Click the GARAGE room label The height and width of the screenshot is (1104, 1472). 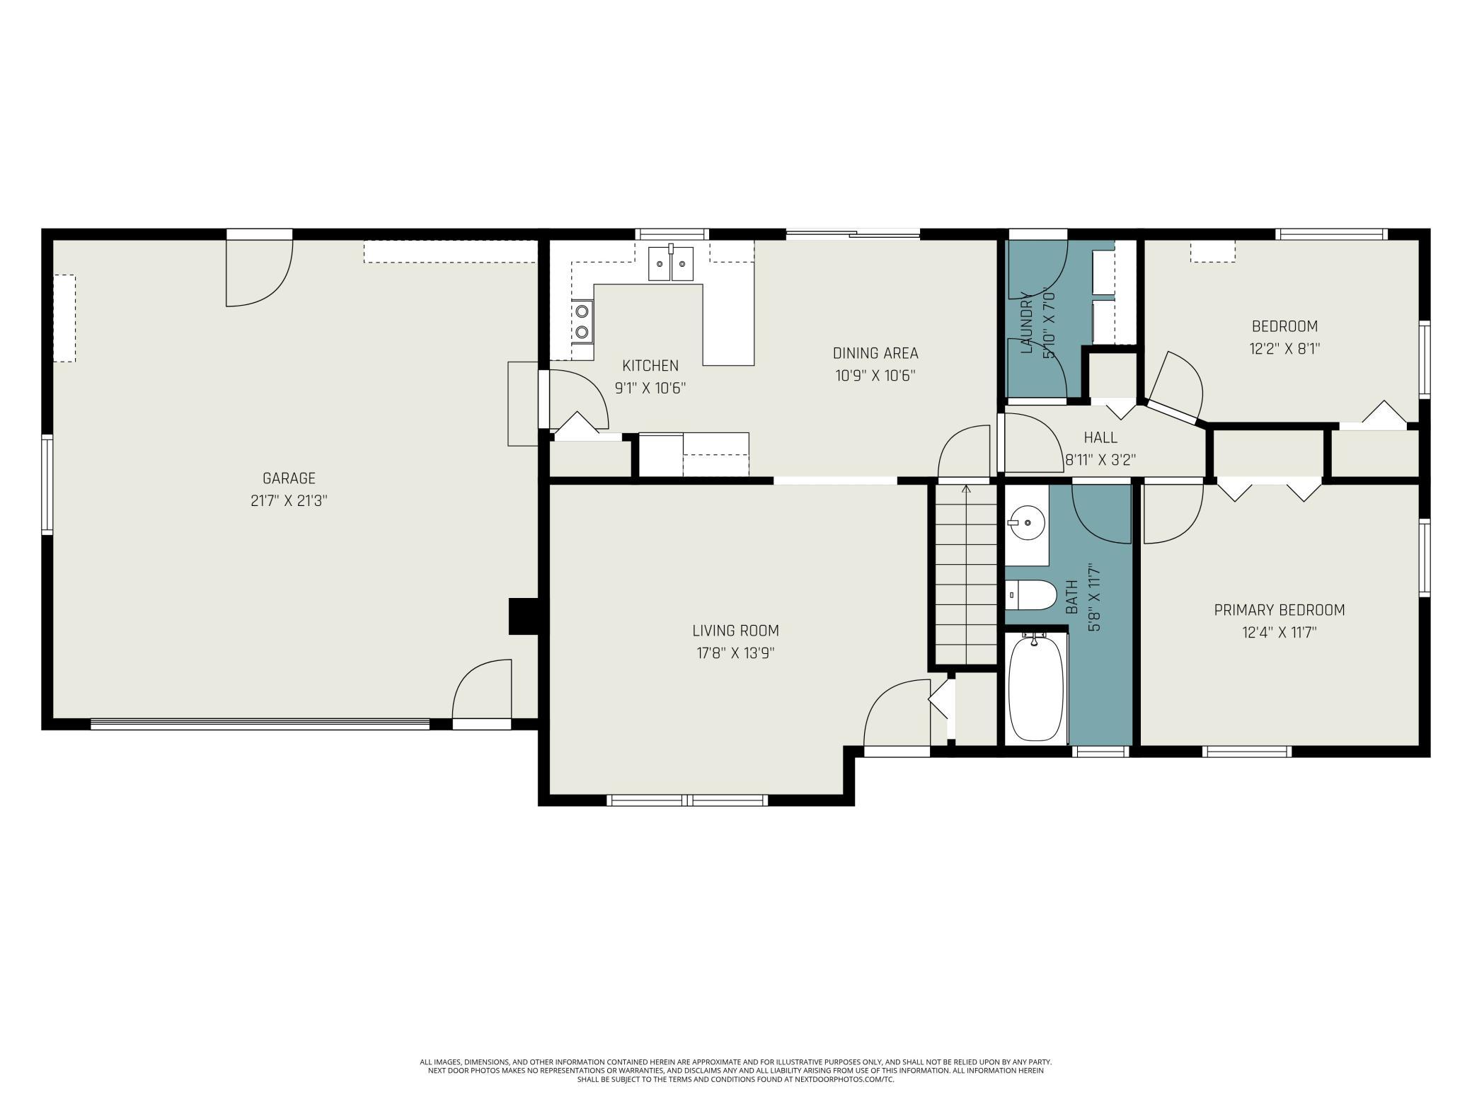tap(289, 478)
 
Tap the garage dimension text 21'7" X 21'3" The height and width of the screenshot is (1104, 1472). tap(289, 501)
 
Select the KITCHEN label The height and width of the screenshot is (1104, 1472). tap(650, 366)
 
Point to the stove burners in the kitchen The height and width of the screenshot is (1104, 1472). tap(582, 321)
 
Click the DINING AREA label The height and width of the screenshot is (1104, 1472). tap(875, 353)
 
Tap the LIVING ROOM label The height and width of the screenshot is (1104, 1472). tap(735, 631)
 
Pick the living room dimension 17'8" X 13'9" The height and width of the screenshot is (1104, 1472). tap(735, 653)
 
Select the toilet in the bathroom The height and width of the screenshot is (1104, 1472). tap(1030, 594)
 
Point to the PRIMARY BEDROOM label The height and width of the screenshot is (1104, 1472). tap(1280, 610)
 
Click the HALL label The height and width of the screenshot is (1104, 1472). tap(1100, 437)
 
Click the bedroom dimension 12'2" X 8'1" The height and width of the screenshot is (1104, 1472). tap(1284, 349)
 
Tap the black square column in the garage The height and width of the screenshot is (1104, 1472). tap(524, 616)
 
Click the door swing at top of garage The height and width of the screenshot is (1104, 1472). tap(259, 273)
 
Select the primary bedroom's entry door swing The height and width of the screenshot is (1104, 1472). tap(1173, 513)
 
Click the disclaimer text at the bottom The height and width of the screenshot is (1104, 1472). tap(736, 1071)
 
